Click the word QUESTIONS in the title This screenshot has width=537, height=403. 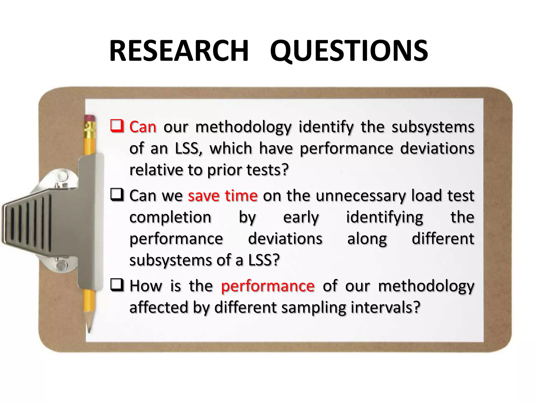[349, 51]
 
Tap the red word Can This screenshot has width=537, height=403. [143, 127]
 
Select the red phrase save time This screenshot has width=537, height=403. [223, 196]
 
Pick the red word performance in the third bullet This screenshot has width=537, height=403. [268, 286]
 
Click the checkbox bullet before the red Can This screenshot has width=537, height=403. [117, 126]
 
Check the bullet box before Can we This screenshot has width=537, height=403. [117, 195]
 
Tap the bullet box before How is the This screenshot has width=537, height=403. [117, 285]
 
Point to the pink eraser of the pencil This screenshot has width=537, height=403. [89, 118]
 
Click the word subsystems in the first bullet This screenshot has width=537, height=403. [433, 127]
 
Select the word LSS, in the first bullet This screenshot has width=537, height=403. [189, 149]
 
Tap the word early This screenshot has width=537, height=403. [301, 218]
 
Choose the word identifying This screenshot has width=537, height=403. [385, 218]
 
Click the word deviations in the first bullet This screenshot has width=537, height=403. [437, 149]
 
